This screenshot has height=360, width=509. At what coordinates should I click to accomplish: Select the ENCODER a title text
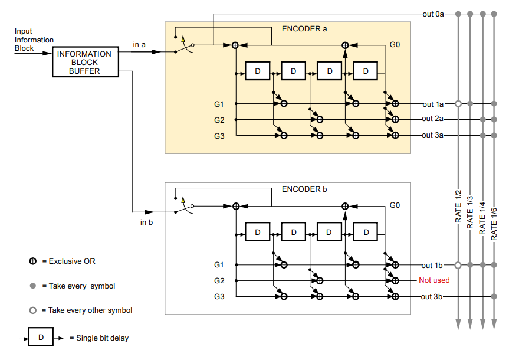[304, 28]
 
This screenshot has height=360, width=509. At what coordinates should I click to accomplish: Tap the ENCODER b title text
[304, 189]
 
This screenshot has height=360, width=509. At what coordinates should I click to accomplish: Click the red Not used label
[434, 280]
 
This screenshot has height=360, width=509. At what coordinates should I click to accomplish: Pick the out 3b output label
[433, 296]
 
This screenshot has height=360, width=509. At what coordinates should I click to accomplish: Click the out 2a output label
[433, 119]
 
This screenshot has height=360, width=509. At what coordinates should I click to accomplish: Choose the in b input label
[147, 222]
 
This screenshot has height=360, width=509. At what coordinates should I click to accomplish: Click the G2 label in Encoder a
[219, 120]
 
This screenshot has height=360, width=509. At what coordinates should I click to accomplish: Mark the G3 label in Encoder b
[219, 296]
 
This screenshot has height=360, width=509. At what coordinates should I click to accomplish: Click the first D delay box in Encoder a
[257, 71]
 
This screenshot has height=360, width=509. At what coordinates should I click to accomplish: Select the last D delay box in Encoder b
[365, 233]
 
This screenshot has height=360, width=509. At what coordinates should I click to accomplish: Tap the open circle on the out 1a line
[458, 104]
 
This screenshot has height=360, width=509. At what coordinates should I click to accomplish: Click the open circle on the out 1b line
[458, 265]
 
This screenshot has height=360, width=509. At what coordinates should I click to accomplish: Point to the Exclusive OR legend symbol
[33, 261]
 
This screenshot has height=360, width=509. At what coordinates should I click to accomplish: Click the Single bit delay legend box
[41, 338]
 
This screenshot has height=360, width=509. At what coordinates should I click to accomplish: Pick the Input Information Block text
[34, 40]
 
